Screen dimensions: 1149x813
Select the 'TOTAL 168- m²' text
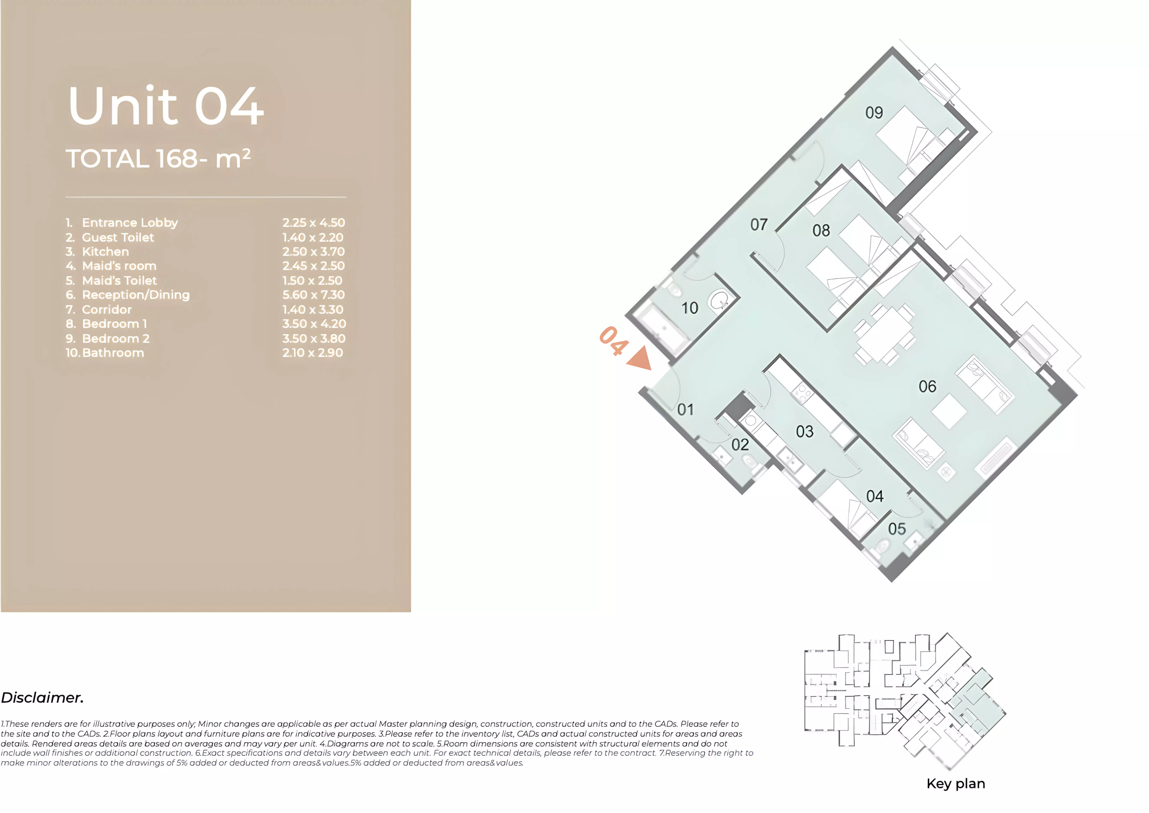(x=158, y=159)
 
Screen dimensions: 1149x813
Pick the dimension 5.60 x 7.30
(x=313, y=295)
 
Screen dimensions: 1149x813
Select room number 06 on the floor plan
(x=927, y=387)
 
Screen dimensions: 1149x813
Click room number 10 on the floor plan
(x=690, y=308)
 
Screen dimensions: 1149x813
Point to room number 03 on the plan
(x=805, y=432)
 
